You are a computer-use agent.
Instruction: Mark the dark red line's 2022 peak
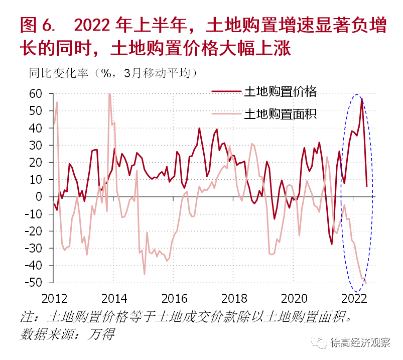[361, 100]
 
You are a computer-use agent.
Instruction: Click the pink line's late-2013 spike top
[109, 94]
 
